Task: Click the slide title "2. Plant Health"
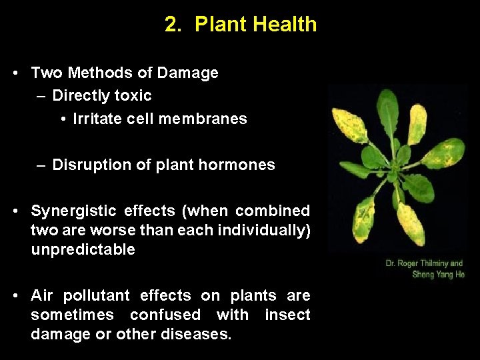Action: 241,25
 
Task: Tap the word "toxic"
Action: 133,95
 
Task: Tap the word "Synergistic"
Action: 73,211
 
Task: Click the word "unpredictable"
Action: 83,249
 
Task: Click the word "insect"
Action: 287,314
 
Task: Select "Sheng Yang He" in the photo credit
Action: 439,274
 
